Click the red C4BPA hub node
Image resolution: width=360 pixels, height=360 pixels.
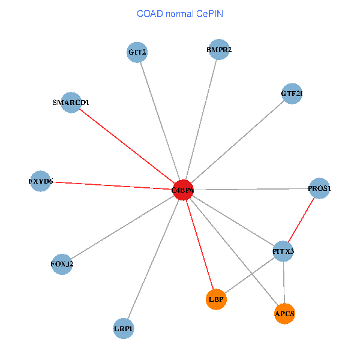coord(182,190)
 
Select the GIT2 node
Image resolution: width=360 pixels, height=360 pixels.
coord(137,52)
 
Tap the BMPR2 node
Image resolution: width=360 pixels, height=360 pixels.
coord(218,50)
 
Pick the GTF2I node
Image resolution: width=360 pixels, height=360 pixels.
coord(291,94)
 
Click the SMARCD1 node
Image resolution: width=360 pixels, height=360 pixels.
coord(71,103)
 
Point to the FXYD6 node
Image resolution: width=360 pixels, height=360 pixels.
coord(41,181)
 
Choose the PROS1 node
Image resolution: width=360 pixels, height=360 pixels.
coord(319,188)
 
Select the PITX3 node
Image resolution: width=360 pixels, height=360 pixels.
coord(283,251)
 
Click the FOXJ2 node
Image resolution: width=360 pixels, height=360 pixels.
coord(62,264)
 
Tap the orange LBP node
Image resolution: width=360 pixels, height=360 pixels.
coord(216,299)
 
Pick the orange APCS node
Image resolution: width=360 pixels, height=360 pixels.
coord(285,313)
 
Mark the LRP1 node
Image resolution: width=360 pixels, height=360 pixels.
coord(124,328)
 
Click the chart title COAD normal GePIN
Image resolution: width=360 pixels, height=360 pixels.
coord(180,13)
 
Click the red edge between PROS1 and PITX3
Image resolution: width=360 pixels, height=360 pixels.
coord(301,220)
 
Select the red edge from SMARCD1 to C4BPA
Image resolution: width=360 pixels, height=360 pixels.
coord(127,146)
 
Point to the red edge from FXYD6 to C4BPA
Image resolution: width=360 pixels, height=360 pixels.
coord(112,185)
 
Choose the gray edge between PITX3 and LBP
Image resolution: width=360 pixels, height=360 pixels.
coord(250,275)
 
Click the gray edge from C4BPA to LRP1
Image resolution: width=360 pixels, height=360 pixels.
coord(153,259)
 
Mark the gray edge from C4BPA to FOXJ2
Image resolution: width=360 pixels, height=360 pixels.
coord(122,227)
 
